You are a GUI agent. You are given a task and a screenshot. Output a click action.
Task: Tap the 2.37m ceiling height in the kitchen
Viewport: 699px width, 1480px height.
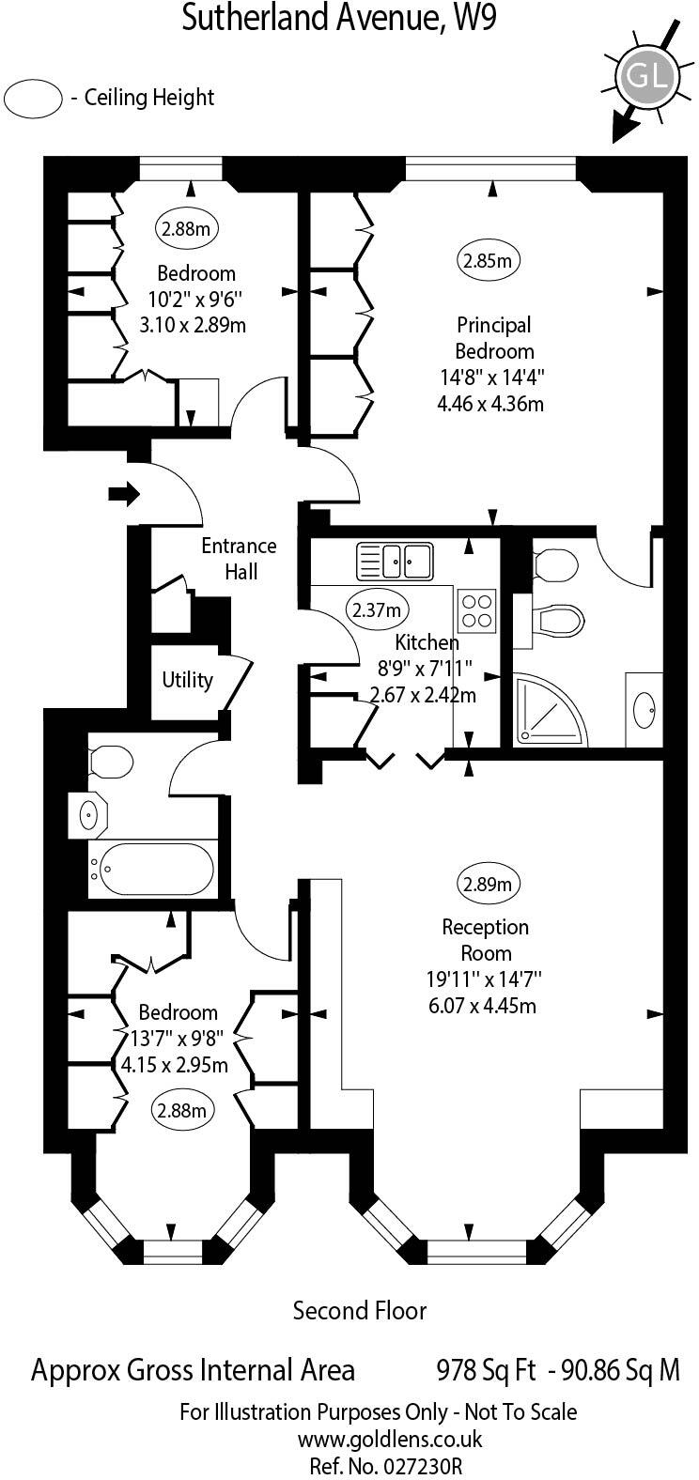376,609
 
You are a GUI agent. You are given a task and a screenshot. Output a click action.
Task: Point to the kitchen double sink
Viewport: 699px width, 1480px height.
394,561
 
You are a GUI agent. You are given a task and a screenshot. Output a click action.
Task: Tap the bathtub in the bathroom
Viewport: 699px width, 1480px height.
156,870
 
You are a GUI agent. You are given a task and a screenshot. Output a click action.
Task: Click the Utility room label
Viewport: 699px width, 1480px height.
187,680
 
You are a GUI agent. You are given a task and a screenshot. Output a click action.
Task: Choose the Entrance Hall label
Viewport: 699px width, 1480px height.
239,559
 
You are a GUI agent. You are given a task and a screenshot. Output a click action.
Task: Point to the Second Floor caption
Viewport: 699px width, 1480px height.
360,1310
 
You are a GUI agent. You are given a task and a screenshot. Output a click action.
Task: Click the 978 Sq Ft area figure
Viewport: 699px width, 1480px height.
488,1370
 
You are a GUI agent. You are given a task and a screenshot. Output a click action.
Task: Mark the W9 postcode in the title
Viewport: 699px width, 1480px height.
473,19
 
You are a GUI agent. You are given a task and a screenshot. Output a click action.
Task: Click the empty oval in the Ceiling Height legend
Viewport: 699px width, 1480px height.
34,99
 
